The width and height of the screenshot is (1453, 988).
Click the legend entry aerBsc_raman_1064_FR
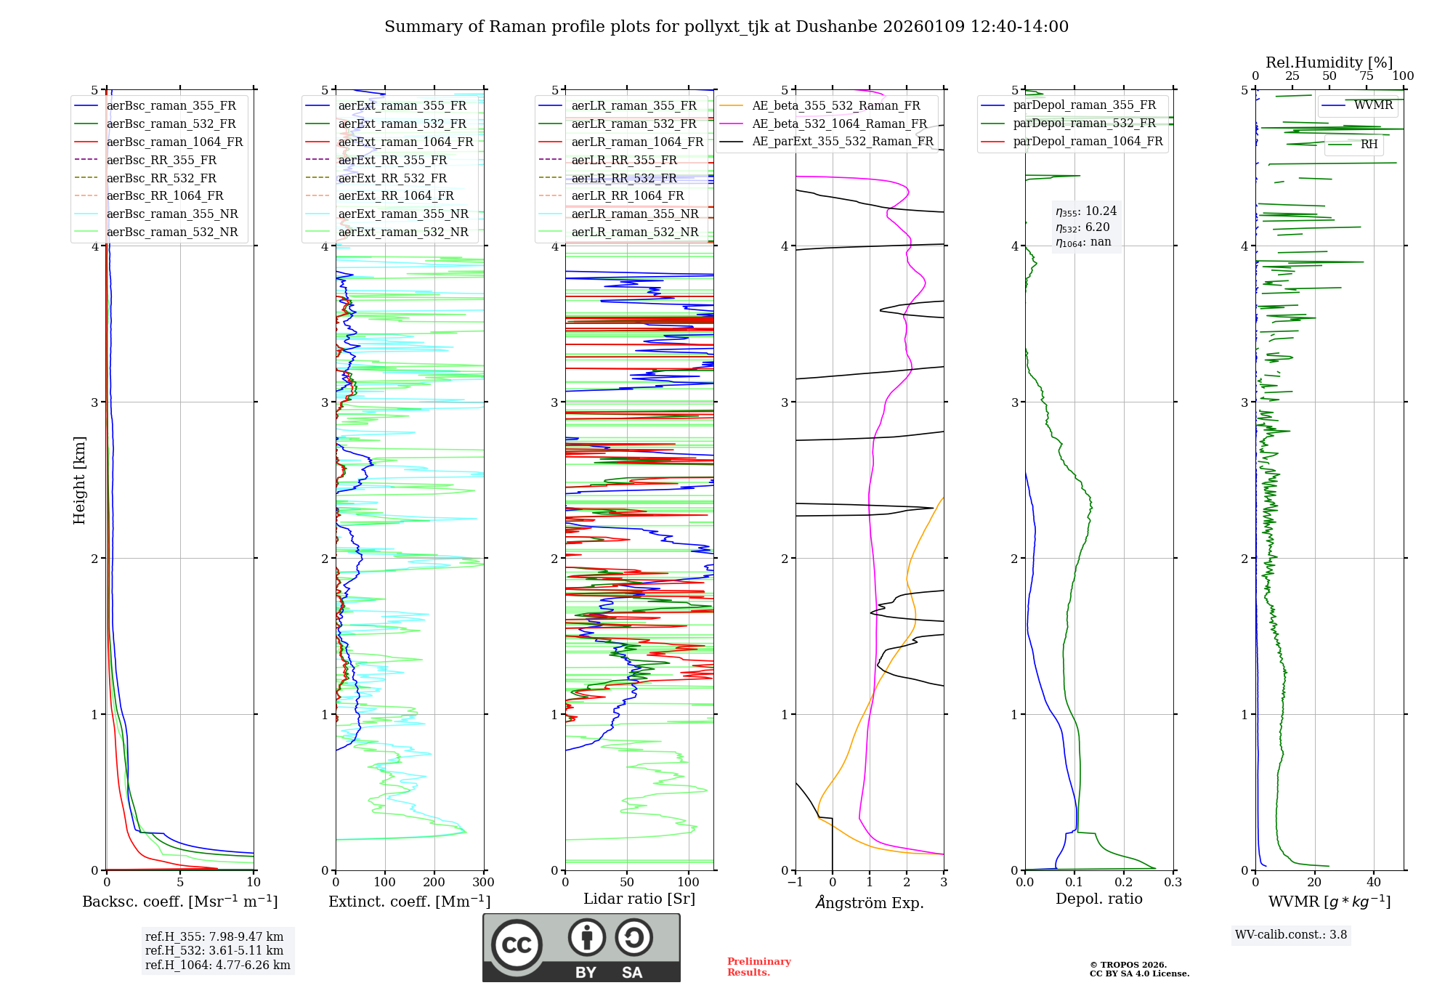(x=174, y=142)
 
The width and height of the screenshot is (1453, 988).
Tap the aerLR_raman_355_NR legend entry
(x=634, y=214)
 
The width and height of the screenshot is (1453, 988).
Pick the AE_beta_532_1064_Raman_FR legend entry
(x=839, y=123)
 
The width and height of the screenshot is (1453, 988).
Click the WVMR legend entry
(x=1373, y=105)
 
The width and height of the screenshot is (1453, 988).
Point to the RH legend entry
(x=1369, y=145)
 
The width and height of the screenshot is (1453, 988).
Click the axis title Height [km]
(x=79, y=480)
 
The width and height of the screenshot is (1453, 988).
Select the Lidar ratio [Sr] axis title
(x=639, y=899)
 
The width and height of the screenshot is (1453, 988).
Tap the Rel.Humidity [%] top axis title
(x=1329, y=62)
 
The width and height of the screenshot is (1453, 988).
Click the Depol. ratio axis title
(x=1098, y=899)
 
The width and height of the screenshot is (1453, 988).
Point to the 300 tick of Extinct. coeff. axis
(x=484, y=883)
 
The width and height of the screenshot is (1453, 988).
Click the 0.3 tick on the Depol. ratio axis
(x=1173, y=883)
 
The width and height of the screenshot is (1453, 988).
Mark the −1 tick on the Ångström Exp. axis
(x=795, y=883)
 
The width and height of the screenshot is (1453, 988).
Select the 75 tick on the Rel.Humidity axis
(x=1366, y=76)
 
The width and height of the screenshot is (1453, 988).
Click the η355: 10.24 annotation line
(x=1086, y=211)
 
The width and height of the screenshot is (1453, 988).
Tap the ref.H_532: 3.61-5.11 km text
(x=214, y=950)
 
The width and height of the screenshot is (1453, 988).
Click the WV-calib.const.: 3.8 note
(x=1291, y=935)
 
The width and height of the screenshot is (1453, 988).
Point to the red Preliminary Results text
(x=758, y=967)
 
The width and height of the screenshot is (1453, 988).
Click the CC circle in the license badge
(x=517, y=945)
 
